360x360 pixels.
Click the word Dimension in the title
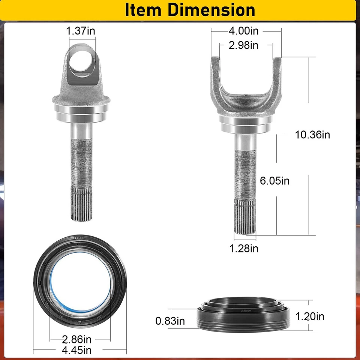pos(212,10)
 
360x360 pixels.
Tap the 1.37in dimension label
pos(81,30)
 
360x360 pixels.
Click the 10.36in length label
pos(313,135)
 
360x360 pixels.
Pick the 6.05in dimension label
pos(275,181)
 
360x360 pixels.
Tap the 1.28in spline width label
pos(244,248)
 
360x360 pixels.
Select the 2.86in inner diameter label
pos(77,340)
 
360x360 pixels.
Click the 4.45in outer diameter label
pos(76,350)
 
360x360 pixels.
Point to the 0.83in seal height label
pos(170,321)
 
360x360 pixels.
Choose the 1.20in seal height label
pos(310,316)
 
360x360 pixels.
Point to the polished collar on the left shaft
pos(81,112)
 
